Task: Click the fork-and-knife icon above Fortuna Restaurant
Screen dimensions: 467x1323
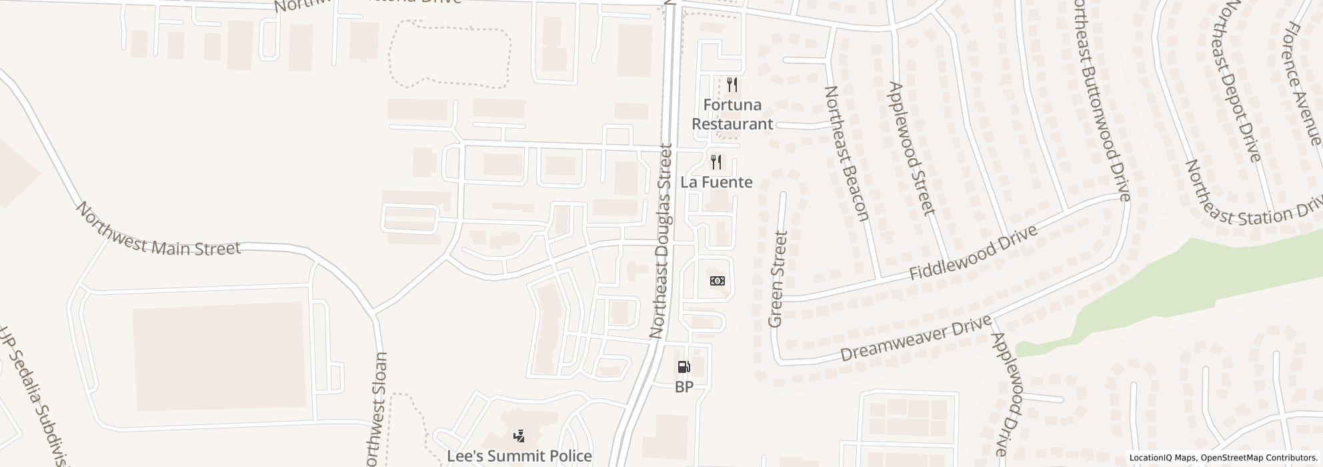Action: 732,85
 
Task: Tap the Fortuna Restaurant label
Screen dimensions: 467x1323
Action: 732,114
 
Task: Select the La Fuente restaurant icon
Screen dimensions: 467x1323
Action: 716,161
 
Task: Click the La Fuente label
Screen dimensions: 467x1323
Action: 716,182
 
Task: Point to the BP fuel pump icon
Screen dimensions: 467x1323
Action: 684,367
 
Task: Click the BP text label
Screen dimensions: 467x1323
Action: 684,387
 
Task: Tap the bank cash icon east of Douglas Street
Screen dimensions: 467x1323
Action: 718,281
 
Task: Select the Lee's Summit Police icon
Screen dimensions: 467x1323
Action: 519,436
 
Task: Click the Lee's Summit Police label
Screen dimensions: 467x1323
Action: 519,456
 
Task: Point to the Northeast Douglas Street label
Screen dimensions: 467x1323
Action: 662,240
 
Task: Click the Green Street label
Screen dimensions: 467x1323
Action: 778,280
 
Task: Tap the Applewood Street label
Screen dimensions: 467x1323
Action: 911,148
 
